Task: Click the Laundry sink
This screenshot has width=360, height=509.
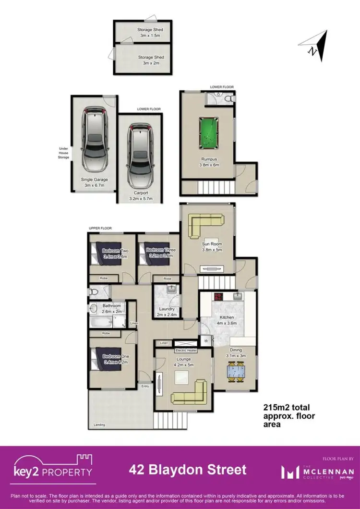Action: click(x=171, y=289)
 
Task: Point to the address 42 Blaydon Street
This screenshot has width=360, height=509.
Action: click(x=188, y=469)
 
